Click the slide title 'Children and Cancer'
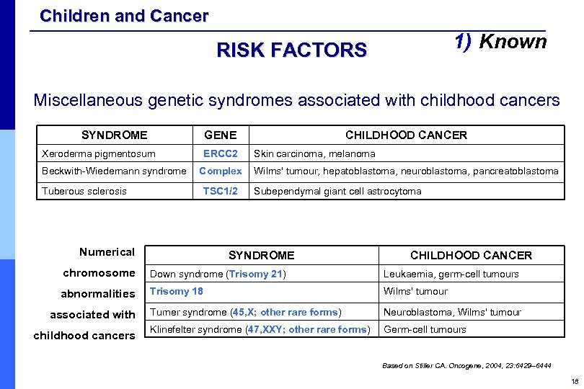tap(124, 15)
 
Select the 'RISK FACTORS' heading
tap(291, 50)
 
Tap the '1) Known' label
tap(500, 42)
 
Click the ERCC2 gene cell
tap(220, 153)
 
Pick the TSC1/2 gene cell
tap(220, 191)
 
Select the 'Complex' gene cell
tap(220, 171)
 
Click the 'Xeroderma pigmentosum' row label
tap(99, 153)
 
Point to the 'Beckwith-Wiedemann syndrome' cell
tap(114, 171)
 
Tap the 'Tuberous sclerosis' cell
tap(84, 191)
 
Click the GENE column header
tap(220, 135)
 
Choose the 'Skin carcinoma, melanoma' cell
tap(314, 153)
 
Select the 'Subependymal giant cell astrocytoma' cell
tap(337, 191)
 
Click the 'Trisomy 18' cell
tap(177, 291)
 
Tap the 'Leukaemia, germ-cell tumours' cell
tap(451, 274)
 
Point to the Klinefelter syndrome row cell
tap(259, 330)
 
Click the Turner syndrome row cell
tap(245, 312)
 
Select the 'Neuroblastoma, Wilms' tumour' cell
tap(452, 312)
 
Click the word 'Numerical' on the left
tap(107, 252)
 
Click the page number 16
tap(574, 381)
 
